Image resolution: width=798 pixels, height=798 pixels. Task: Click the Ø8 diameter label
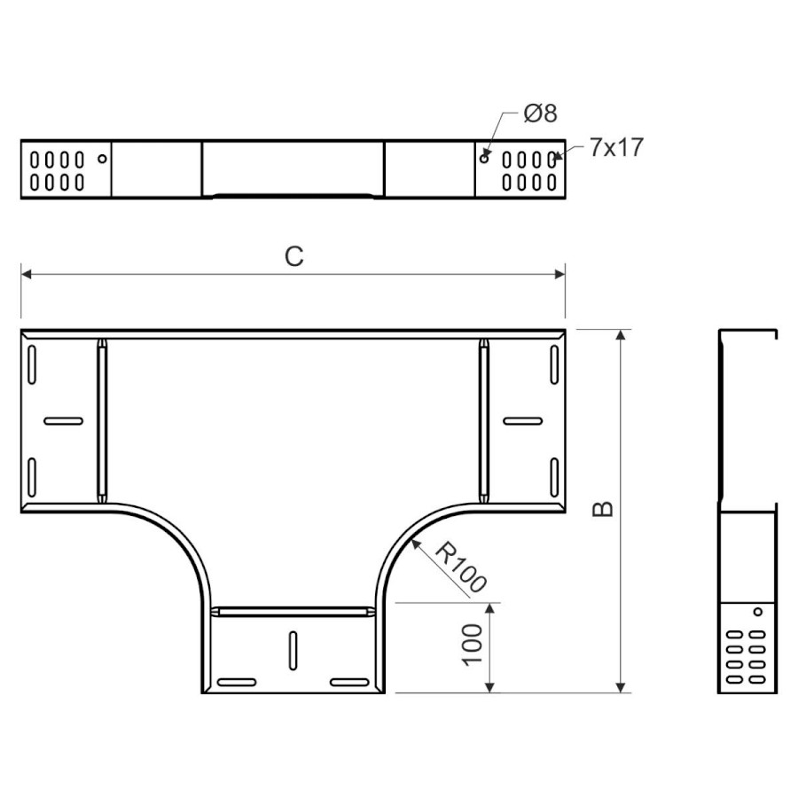(540, 113)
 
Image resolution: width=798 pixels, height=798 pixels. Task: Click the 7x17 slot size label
(616, 147)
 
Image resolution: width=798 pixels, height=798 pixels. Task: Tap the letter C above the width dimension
(294, 256)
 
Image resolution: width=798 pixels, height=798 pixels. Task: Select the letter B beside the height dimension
(603, 509)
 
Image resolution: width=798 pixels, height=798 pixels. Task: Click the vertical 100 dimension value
(472, 645)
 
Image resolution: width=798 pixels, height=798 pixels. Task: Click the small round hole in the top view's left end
(102, 159)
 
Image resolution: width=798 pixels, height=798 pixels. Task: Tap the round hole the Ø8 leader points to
(484, 159)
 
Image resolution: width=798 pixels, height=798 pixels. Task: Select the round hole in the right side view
(758, 611)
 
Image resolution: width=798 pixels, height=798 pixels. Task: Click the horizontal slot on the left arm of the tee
(64, 421)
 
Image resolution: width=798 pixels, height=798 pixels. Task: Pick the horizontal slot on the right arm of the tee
(522, 421)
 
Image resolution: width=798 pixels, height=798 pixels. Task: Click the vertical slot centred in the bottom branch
(293, 651)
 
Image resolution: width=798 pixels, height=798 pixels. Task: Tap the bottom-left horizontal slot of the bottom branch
(237, 682)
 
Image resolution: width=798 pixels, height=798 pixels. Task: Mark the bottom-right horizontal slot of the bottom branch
(349, 682)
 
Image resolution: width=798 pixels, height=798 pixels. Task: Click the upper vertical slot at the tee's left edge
(32, 364)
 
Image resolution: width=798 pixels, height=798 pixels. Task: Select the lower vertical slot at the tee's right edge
(554, 477)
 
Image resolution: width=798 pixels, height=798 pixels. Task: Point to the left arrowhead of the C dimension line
(27, 274)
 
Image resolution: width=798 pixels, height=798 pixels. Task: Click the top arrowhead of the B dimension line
(621, 335)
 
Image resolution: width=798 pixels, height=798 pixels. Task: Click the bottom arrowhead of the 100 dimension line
(489, 687)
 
